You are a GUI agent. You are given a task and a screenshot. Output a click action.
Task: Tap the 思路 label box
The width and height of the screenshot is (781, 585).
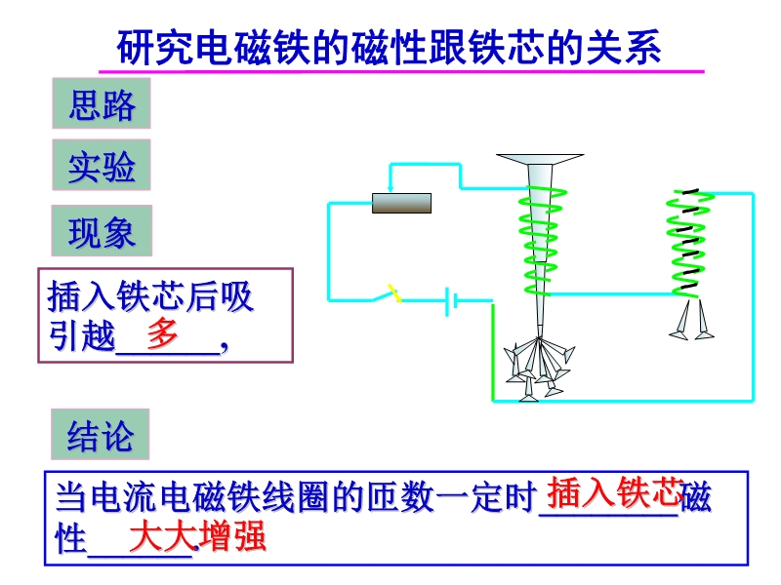pos(101,104)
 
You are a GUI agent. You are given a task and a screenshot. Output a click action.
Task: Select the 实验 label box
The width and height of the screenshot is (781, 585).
pos(101,167)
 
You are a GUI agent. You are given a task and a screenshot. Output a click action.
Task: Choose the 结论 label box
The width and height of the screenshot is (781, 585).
pos(101,435)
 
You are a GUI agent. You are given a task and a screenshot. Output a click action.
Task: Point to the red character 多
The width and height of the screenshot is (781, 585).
pos(162,333)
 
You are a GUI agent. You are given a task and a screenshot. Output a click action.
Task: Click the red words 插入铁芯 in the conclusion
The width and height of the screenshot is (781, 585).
pos(613,492)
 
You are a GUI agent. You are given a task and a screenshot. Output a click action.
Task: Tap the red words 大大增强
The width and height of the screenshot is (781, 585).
pos(198,537)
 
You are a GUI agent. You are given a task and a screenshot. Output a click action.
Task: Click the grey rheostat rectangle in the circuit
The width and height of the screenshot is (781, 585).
pos(401,203)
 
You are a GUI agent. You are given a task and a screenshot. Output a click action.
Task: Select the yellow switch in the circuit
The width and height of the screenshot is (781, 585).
pos(392,292)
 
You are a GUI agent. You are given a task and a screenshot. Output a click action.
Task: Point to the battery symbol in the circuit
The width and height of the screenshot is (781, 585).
pos(451,300)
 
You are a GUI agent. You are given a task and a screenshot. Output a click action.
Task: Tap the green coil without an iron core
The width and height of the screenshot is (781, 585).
pos(686,242)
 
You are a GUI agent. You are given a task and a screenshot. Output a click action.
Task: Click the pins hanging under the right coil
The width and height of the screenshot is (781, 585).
pos(691,322)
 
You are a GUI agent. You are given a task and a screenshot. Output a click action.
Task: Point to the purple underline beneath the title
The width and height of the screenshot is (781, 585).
pos(400,71)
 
